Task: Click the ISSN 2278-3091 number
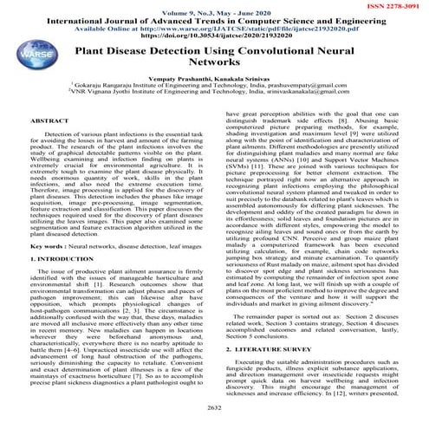[x=394, y=6]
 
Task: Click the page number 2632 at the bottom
[x=214, y=404]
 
